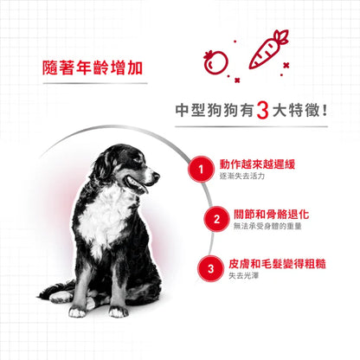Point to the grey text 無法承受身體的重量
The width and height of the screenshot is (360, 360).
click(x=269, y=228)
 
